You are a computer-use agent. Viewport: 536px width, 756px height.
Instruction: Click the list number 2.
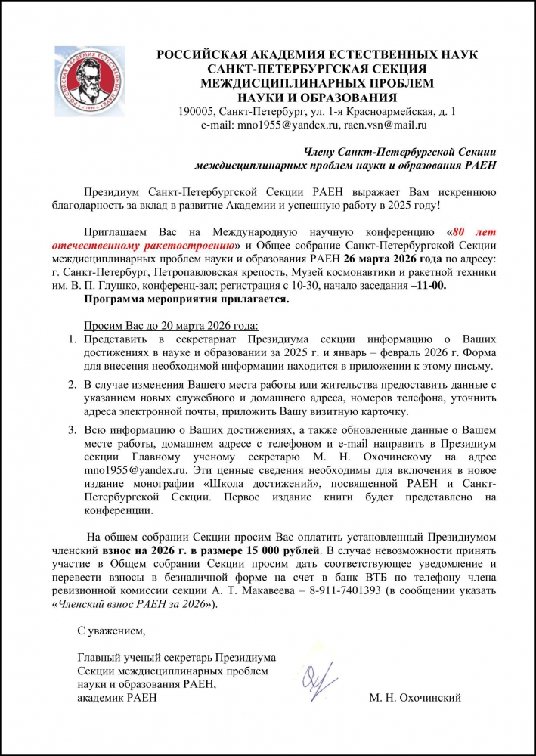pyautogui.click(x=73, y=385)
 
